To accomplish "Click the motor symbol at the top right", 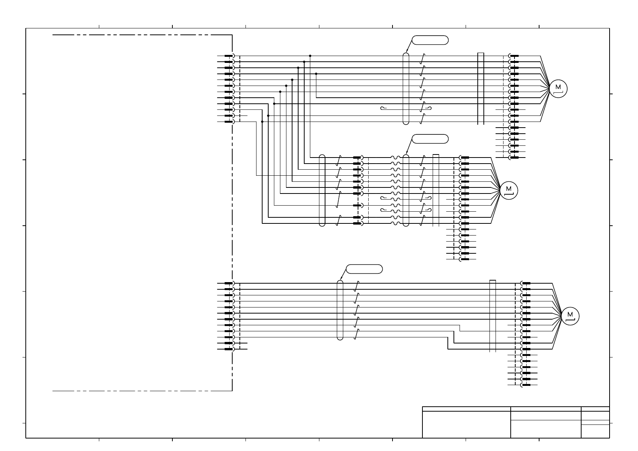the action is [558, 89].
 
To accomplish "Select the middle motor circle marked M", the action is [508, 190].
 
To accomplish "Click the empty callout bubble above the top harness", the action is [430, 40].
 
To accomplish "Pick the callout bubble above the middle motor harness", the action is [430, 139].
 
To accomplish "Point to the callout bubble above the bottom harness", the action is [364, 269].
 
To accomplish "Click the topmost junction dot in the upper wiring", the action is [310, 56].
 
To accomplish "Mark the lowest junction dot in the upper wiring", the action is [262, 122].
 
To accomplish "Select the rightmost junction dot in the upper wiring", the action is [316, 74].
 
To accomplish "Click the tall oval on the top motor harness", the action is [406, 89].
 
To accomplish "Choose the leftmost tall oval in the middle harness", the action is [322, 190].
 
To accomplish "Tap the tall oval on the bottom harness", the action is [340, 310].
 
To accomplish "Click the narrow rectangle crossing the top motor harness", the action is [481, 89].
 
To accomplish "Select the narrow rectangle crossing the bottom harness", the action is [493, 316].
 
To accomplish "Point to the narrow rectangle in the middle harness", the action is [436, 190].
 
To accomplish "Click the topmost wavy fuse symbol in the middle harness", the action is [395, 158].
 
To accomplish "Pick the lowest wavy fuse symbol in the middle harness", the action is [395, 223].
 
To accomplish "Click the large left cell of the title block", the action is [466, 424].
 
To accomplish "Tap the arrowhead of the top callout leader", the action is [407, 51].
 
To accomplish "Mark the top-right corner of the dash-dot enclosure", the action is [232, 35].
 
